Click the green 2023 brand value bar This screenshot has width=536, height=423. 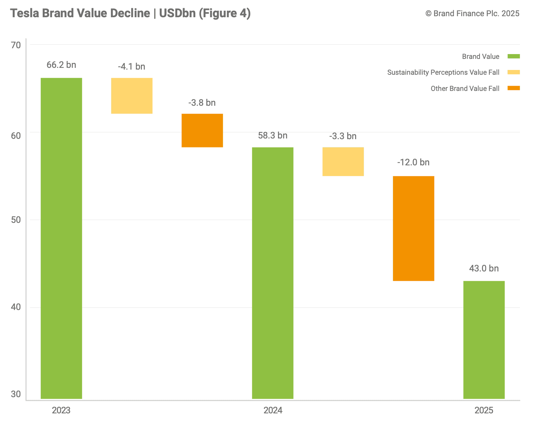pos(61,238)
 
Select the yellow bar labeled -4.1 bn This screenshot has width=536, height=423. pos(132,96)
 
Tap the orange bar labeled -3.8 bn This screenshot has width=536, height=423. pos(202,130)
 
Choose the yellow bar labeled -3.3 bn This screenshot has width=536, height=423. pos(343,162)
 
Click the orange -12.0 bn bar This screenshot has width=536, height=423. pos(413,228)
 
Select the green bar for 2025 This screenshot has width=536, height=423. pos(484,340)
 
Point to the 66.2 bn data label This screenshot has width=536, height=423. pos(61,65)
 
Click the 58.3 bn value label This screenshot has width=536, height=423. pos(272,135)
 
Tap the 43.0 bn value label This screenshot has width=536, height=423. pos(484,268)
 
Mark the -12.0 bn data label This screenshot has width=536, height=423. pos(413,162)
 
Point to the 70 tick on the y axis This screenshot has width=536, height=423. pos(16,45)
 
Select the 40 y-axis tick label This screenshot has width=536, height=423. pos(16,307)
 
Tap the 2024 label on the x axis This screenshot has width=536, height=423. pos(273,410)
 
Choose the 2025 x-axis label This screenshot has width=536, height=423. pos(484,410)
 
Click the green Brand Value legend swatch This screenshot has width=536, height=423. pos(514,56)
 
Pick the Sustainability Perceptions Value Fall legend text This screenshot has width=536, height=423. pos(443,72)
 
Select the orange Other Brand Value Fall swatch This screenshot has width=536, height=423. pos(514,88)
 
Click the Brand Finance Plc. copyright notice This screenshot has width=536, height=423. pos(472,13)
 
